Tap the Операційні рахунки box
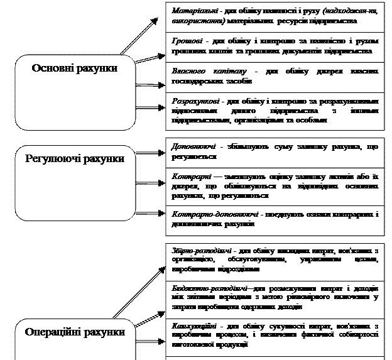click(75, 339)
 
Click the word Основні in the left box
click(53, 68)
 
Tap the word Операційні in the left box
click(53, 332)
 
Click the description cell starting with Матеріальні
click(275, 16)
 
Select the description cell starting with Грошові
click(275, 45)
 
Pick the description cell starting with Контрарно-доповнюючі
click(275, 219)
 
